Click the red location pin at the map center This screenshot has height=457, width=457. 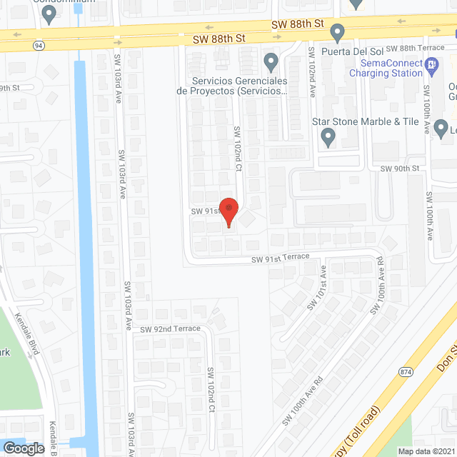pos(228,212)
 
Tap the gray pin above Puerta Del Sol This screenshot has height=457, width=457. pos(338,32)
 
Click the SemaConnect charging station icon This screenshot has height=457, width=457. pos(431,66)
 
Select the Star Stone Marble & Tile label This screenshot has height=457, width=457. pos(365,121)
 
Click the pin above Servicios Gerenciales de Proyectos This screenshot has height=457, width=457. pos(270,62)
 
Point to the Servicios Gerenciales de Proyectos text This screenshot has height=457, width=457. pos(233,86)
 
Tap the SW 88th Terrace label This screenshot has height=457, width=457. pos(408,48)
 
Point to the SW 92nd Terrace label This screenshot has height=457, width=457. pos(171,329)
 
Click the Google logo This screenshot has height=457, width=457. pos(24,448)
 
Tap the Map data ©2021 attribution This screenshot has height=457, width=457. pos(425,451)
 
